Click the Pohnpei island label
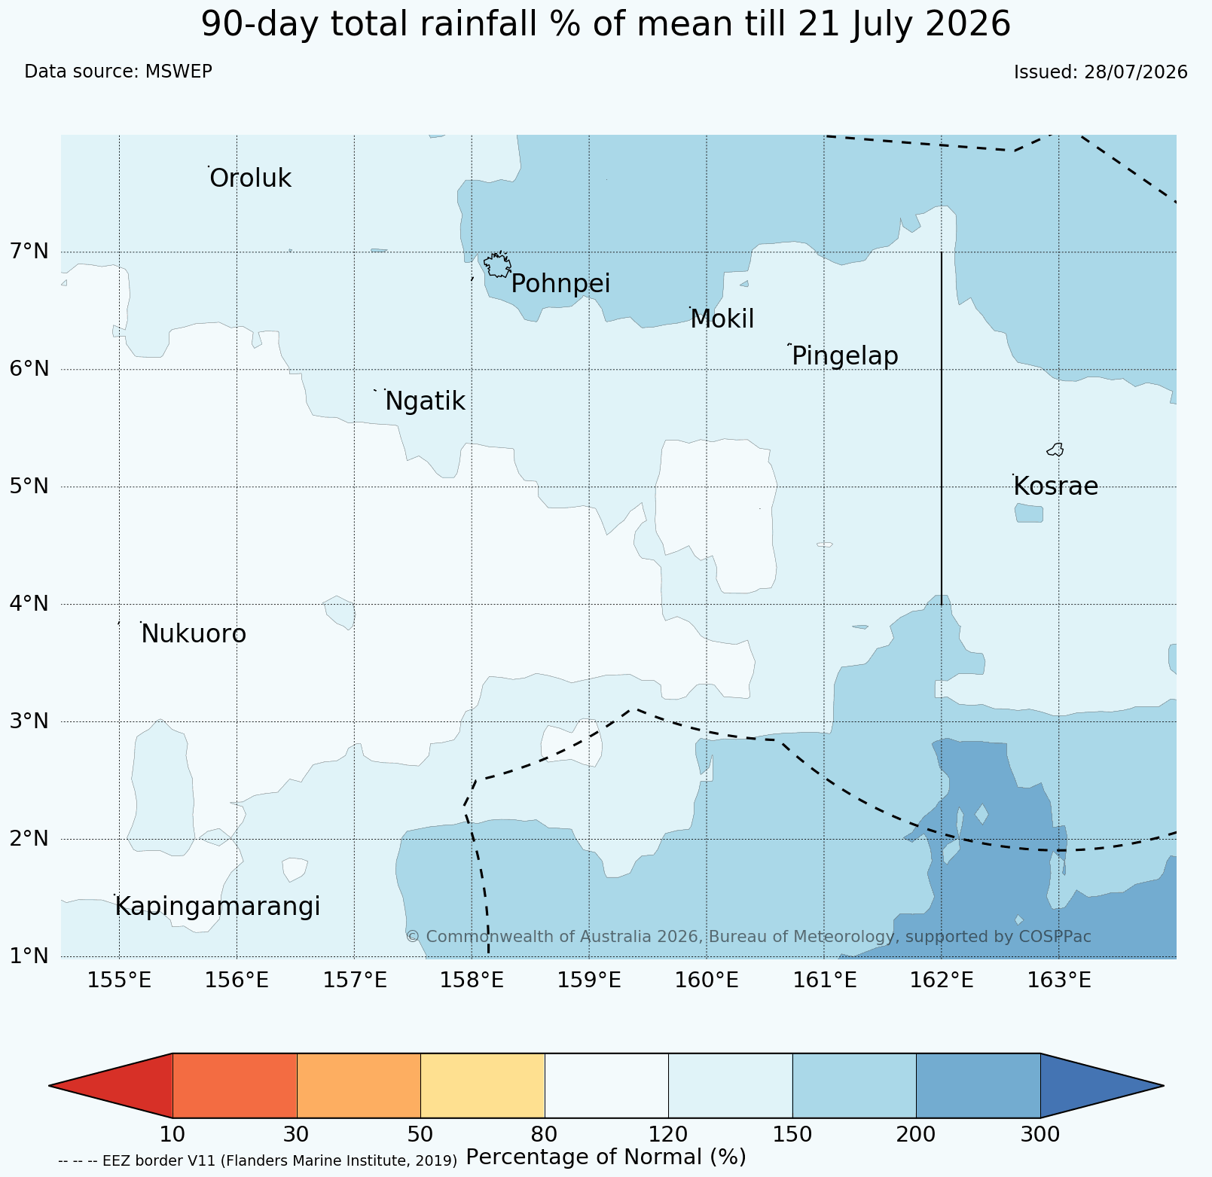[560, 284]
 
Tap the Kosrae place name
[1055, 486]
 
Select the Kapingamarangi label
[218, 907]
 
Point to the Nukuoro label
[194, 634]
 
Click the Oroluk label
[250, 178]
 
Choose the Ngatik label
[425, 402]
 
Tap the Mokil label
[722, 319]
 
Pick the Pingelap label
[845, 356]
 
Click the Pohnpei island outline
[497, 265]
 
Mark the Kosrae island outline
[1055, 450]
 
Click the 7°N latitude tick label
[29, 251]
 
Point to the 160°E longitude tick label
[707, 980]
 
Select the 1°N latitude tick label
[29, 956]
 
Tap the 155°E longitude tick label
[119, 980]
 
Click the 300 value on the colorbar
[1040, 1134]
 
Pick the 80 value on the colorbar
[545, 1134]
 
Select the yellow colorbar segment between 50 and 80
[482, 1085]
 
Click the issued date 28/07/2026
[1135, 72]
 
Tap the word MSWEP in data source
[179, 72]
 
